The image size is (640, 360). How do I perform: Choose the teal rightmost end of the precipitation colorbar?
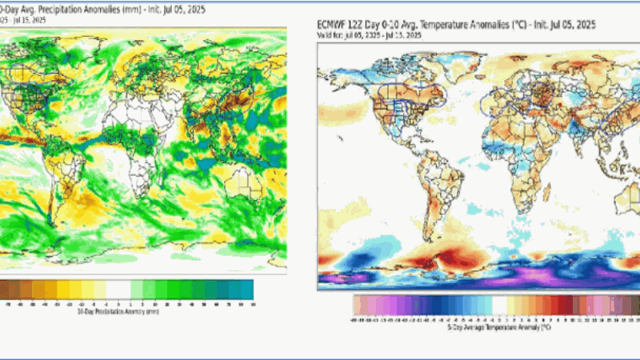click(x=248, y=289)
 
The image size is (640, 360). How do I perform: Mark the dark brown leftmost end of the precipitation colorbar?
click(x=4, y=289)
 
